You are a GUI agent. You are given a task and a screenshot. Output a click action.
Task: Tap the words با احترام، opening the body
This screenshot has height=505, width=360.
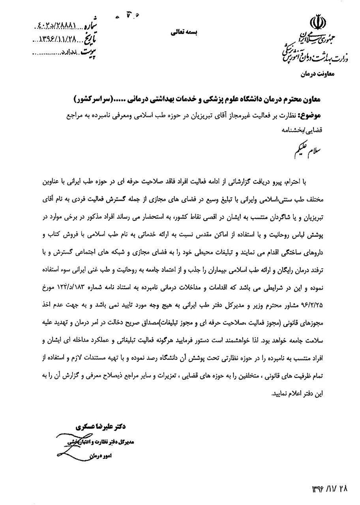click(310, 182)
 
